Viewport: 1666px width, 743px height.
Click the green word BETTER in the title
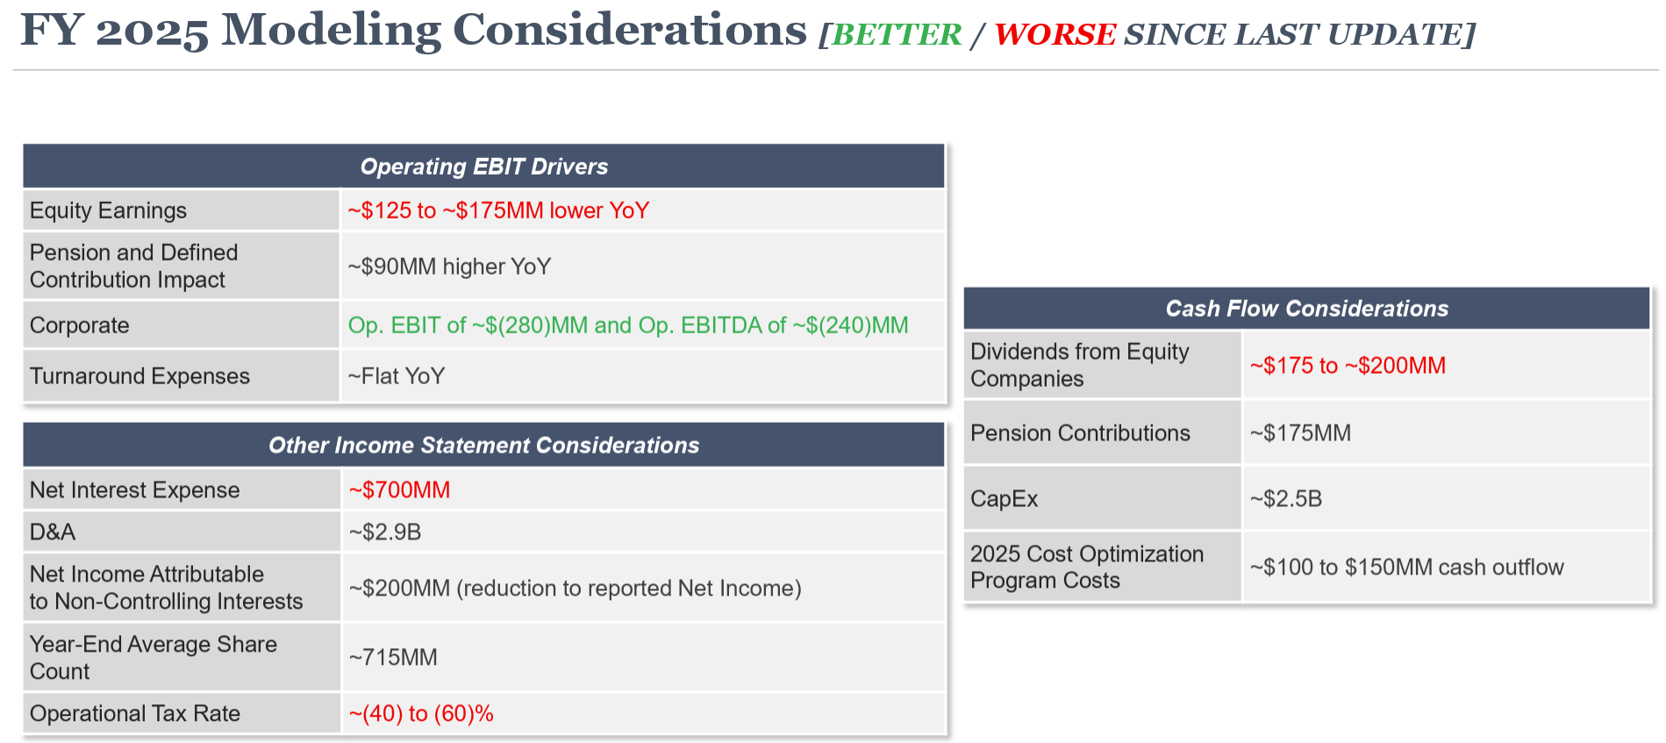pyautogui.click(x=897, y=34)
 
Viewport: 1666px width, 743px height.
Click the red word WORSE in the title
pyautogui.click(x=1055, y=34)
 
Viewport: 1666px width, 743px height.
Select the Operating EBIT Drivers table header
pyautogui.click(x=484, y=167)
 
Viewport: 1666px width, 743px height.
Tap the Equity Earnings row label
pyautogui.click(x=108, y=211)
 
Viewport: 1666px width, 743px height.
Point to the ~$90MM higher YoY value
pyautogui.click(x=449, y=267)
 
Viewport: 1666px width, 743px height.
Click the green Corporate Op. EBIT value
pyautogui.click(x=628, y=325)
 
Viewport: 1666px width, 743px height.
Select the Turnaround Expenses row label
pyautogui.click(x=139, y=376)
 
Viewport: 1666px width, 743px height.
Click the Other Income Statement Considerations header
pyautogui.click(x=484, y=446)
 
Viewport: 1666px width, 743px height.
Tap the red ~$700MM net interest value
pyautogui.click(x=399, y=489)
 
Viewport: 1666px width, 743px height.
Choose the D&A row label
pyautogui.click(x=53, y=532)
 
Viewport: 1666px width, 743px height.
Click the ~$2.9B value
pyautogui.click(x=385, y=532)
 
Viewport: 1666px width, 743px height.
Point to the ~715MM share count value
pyautogui.click(x=393, y=657)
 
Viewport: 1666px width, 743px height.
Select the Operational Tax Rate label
pyautogui.click(x=135, y=713)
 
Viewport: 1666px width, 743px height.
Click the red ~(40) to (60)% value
pyautogui.click(x=421, y=714)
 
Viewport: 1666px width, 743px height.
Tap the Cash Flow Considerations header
pyautogui.click(x=1307, y=309)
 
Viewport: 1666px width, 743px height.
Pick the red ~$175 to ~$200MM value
pyautogui.click(x=1348, y=366)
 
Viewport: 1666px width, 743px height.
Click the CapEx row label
pyautogui.click(x=1004, y=499)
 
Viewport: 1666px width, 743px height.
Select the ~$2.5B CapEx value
pyautogui.click(x=1286, y=499)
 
